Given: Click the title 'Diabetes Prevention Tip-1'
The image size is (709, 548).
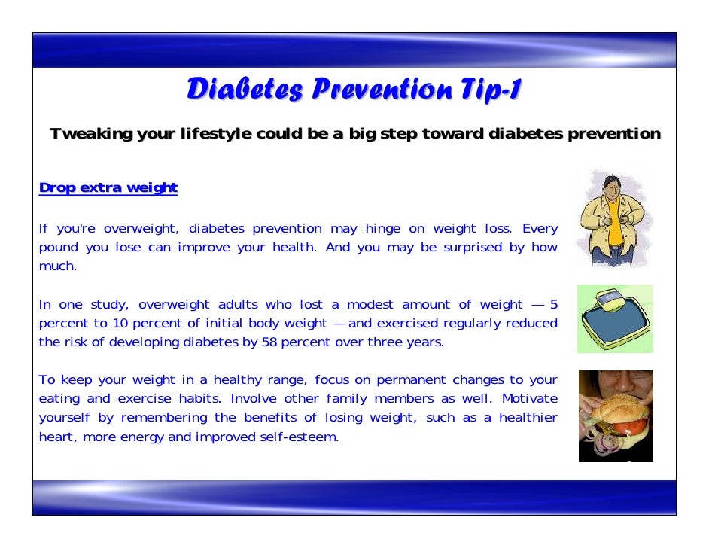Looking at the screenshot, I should click(x=354, y=90).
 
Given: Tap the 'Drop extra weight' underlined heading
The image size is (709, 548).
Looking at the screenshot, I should click(x=108, y=187).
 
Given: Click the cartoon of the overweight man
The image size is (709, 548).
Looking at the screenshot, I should click(x=614, y=218).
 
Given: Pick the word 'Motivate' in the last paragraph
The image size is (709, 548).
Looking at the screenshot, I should click(x=530, y=399).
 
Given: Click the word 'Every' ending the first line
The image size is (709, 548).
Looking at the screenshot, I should click(x=540, y=229).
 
